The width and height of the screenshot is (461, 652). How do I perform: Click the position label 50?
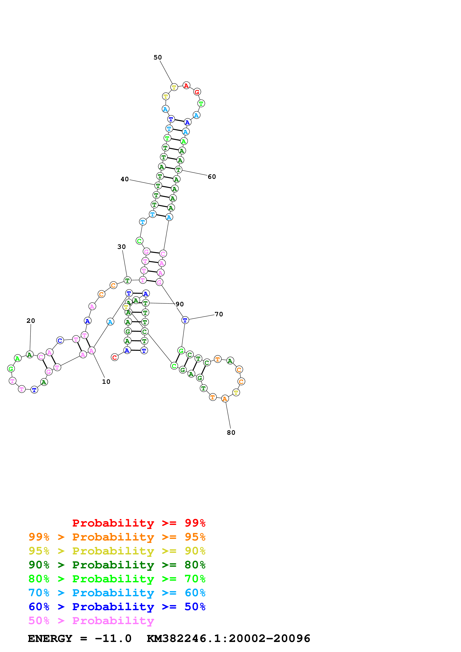click(x=158, y=57)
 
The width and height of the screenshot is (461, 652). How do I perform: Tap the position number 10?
click(x=106, y=382)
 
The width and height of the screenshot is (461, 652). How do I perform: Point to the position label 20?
click(x=31, y=321)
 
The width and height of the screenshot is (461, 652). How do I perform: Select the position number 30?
click(x=122, y=247)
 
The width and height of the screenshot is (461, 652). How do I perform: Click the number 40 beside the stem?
click(x=125, y=179)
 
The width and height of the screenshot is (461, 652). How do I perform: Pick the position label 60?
click(x=212, y=177)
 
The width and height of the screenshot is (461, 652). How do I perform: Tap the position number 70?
click(x=219, y=314)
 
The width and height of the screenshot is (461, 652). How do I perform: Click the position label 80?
click(x=231, y=432)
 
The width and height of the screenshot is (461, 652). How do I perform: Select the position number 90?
click(x=179, y=304)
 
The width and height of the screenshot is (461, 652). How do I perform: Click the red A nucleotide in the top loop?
click(x=186, y=85)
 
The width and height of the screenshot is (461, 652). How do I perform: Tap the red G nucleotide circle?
click(x=197, y=92)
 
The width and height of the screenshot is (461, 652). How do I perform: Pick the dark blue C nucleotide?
click(x=60, y=340)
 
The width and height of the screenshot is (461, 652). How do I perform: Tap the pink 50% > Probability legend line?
click(x=91, y=620)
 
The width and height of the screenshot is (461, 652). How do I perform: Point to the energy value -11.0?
click(x=113, y=638)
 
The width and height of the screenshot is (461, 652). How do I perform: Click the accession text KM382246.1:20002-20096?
click(x=228, y=638)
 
